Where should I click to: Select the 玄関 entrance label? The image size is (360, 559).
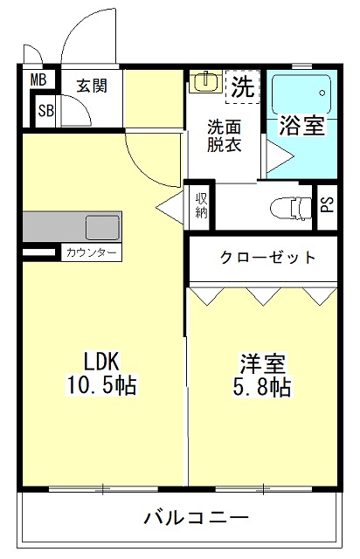90,86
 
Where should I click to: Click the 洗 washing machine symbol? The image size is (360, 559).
242,86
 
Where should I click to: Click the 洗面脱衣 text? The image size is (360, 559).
225,135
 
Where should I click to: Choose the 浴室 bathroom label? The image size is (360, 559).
301,126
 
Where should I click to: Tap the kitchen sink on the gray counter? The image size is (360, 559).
102,227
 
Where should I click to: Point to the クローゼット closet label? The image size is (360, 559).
267,258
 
